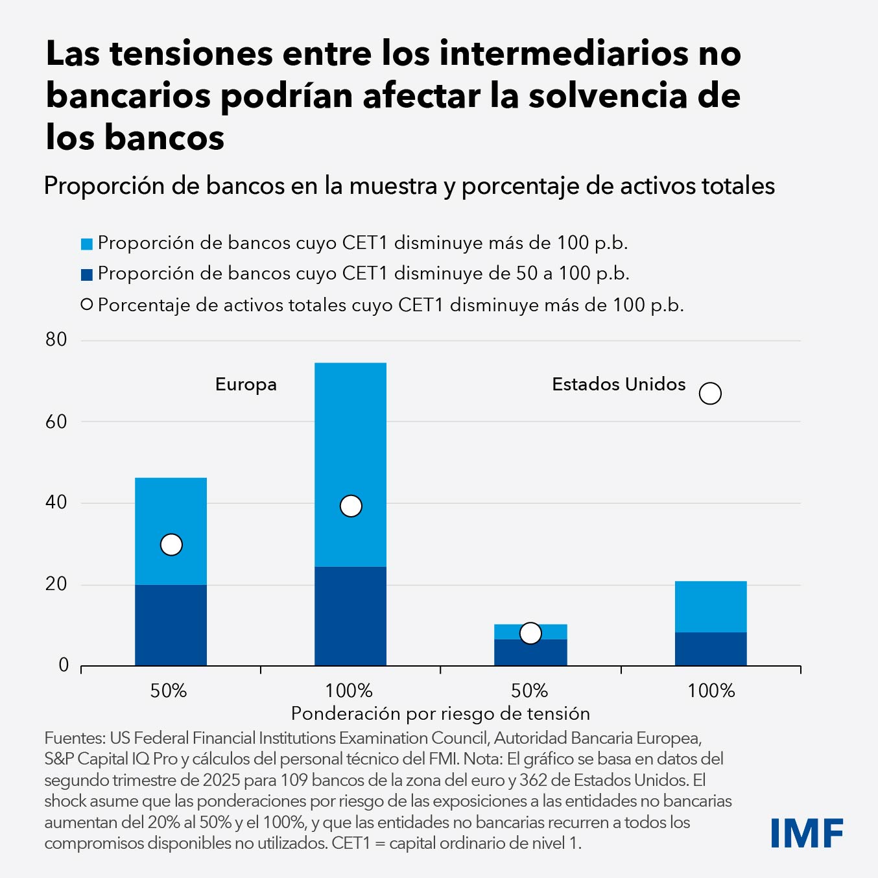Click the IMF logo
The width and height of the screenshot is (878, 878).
pyautogui.click(x=807, y=833)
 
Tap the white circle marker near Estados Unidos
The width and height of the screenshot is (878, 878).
pyautogui.click(x=710, y=393)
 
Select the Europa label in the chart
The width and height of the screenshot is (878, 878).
pyautogui.click(x=246, y=385)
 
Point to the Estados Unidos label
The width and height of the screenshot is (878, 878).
pyautogui.click(x=619, y=384)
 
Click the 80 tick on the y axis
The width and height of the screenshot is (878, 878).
pyautogui.click(x=56, y=339)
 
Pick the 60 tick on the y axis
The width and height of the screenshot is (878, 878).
pyautogui.click(x=56, y=421)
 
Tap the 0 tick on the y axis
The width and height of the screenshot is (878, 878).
pyautogui.click(x=64, y=665)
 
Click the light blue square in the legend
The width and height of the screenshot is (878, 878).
pyautogui.click(x=87, y=244)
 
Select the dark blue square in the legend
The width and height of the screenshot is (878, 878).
pyautogui.click(x=87, y=275)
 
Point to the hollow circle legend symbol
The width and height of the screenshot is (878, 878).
pyautogui.click(x=87, y=305)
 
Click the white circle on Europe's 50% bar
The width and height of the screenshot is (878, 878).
pyautogui.click(x=171, y=545)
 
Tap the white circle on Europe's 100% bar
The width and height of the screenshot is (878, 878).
pyautogui.click(x=351, y=506)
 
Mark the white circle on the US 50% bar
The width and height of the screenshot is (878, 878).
pyautogui.click(x=530, y=633)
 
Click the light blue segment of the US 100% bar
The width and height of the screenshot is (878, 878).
pyautogui.click(x=711, y=606)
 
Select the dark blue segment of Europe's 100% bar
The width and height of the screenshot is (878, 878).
pyautogui.click(x=351, y=616)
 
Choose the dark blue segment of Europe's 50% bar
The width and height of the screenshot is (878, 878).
pyautogui.click(x=171, y=625)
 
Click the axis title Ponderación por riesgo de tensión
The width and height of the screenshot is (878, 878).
pyautogui.click(x=440, y=713)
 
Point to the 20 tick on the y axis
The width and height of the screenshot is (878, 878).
pyautogui.click(x=56, y=584)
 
